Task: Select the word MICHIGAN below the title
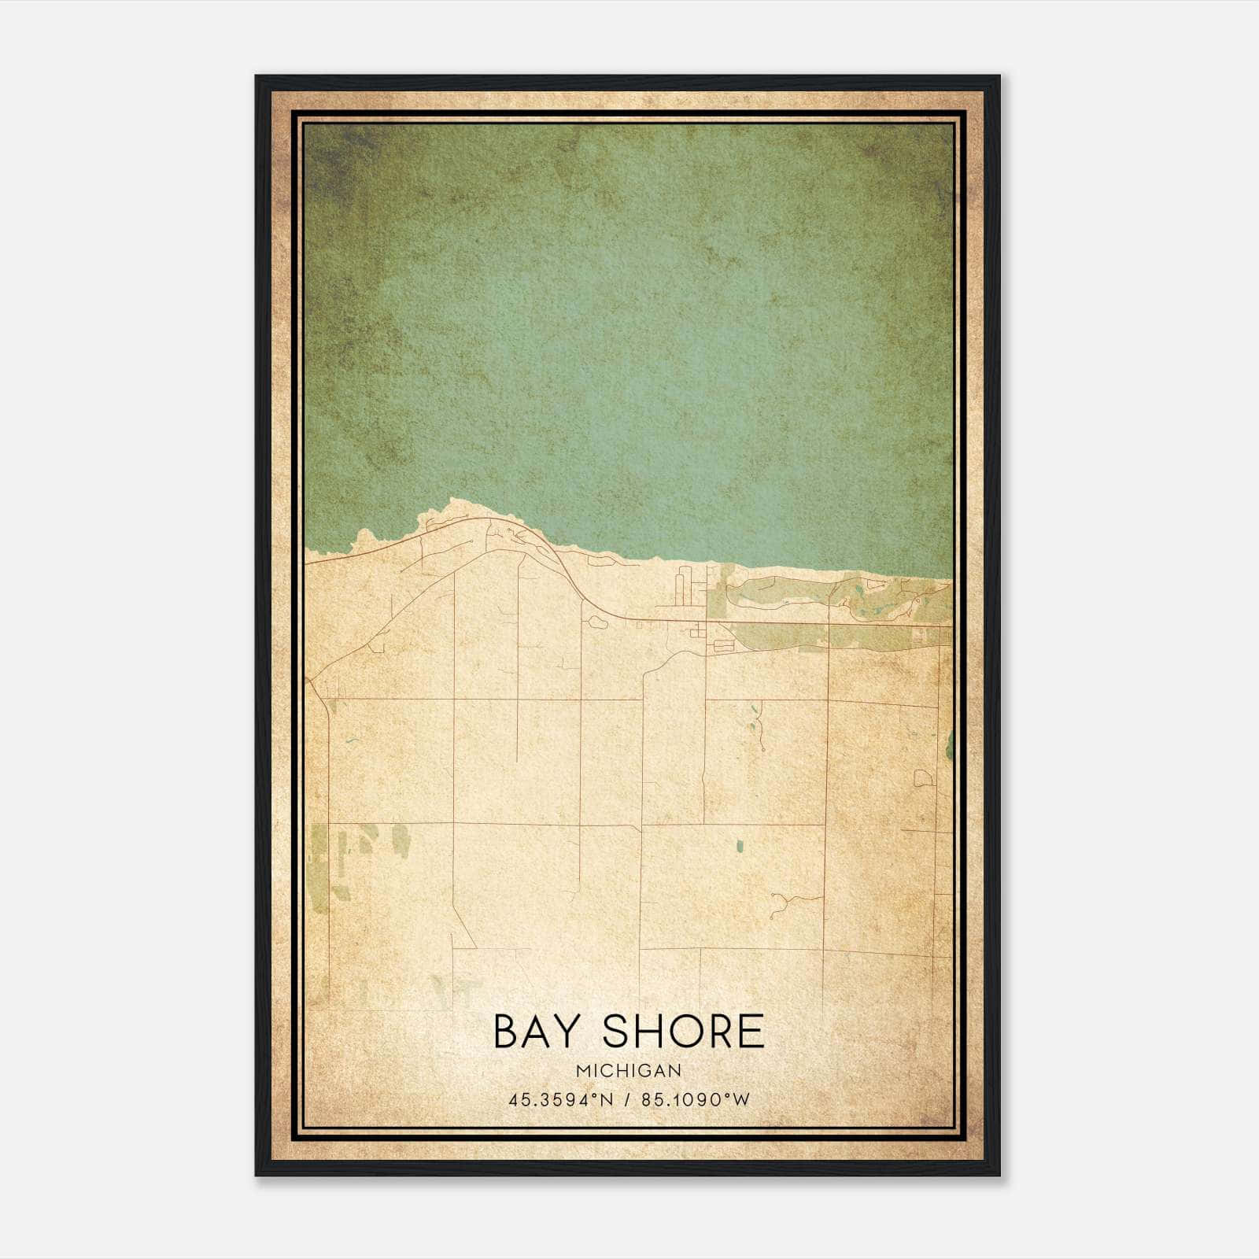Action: click(629, 1071)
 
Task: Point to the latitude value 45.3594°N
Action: click(560, 1099)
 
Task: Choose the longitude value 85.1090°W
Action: click(696, 1099)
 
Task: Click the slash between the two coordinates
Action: click(628, 1099)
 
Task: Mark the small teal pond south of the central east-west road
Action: click(739, 847)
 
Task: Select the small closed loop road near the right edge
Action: click(923, 778)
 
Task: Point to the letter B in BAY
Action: click(507, 1032)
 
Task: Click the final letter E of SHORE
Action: click(752, 1032)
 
